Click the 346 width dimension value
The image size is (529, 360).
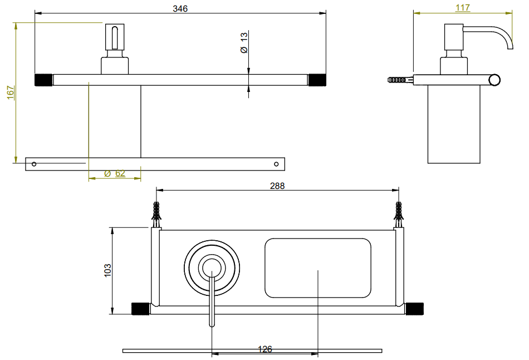pos(180,8)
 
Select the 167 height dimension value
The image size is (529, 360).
pos(11,93)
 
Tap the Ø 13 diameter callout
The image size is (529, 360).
pos(244,42)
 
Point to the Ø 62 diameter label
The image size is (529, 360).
pos(115,173)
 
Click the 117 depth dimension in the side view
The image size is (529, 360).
pos(463,7)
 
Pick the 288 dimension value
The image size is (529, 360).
pos(277,186)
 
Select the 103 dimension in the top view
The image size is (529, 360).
pos(107,270)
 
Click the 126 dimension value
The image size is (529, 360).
pos(265,349)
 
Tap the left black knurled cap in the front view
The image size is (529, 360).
pos(43,80)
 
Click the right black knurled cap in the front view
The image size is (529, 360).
pos(317,80)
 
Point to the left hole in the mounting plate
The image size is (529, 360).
pos(34,164)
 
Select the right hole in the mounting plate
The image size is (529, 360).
pos(276,164)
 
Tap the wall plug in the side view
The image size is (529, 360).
pos(400,80)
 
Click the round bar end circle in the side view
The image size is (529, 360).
pos(495,80)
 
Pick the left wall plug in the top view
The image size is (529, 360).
pos(156,215)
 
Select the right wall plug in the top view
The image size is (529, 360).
pos(399,215)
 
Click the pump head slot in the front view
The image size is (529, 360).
pos(115,38)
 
